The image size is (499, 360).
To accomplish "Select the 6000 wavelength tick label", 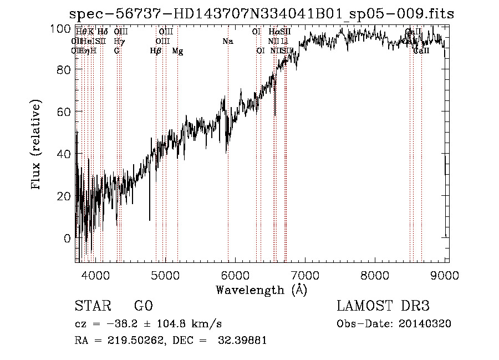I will pyautogui.click(x=236, y=274).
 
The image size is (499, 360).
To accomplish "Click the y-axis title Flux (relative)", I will pyautogui.click(x=37, y=145).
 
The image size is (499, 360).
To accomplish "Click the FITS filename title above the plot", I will pyautogui.click(x=262, y=14).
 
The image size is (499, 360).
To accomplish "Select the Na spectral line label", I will pyautogui.click(x=228, y=41).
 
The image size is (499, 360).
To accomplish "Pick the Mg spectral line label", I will pyautogui.click(x=177, y=51).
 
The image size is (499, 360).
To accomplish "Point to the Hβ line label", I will pyautogui.click(x=156, y=50).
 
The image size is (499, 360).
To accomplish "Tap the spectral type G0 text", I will pyautogui.click(x=143, y=306).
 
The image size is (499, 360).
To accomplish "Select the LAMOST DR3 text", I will pyautogui.click(x=383, y=306).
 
